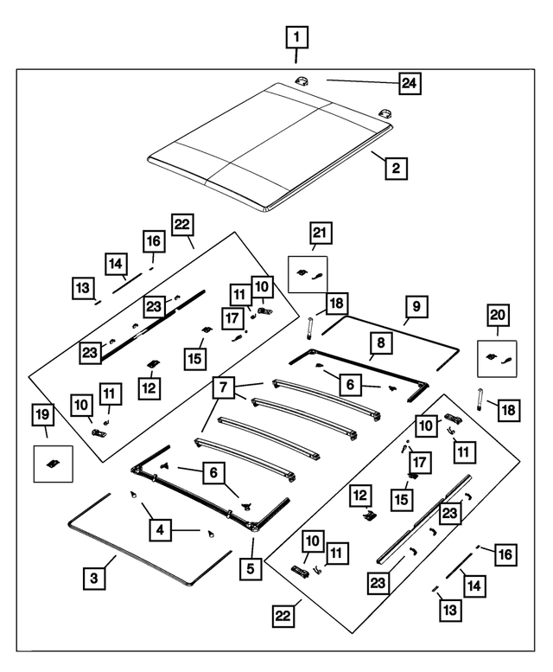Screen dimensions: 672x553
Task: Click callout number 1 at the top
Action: (296, 37)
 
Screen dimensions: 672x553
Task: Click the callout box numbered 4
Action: (159, 530)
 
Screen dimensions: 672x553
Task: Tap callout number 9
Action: (416, 306)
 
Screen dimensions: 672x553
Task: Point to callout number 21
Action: (320, 234)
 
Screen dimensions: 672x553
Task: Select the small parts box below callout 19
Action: (52, 463)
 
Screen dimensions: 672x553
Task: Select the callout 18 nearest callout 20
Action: (509, 410)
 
